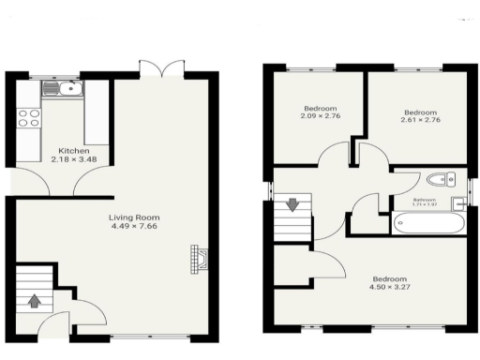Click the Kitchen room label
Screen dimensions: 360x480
[x=74, y=151]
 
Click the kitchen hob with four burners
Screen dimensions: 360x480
[x=29, y=117]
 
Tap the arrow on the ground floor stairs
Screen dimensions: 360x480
[x=36, y=301]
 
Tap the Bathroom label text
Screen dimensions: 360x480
[x=424, y=199]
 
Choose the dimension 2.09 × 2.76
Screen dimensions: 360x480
[x=319, y=115]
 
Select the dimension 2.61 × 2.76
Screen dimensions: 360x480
[x=419, y=122]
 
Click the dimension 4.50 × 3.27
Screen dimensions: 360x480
[x=389, y=288]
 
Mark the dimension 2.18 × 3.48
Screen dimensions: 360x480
[x=74, y=159]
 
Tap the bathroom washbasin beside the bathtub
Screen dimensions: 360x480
[x=458, y=203]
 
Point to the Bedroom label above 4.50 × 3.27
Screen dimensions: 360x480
[x=389, y=279]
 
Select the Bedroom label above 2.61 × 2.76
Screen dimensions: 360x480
[x=419, y=113]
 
